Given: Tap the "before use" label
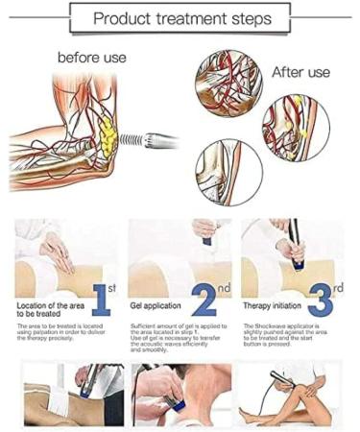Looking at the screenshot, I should click(92, 58).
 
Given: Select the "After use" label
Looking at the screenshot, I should click(301, 72).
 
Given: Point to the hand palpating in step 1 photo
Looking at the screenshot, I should click(55, 252).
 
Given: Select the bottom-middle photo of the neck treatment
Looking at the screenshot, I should click(180, 394).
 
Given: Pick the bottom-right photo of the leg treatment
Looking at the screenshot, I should click(292, 394).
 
